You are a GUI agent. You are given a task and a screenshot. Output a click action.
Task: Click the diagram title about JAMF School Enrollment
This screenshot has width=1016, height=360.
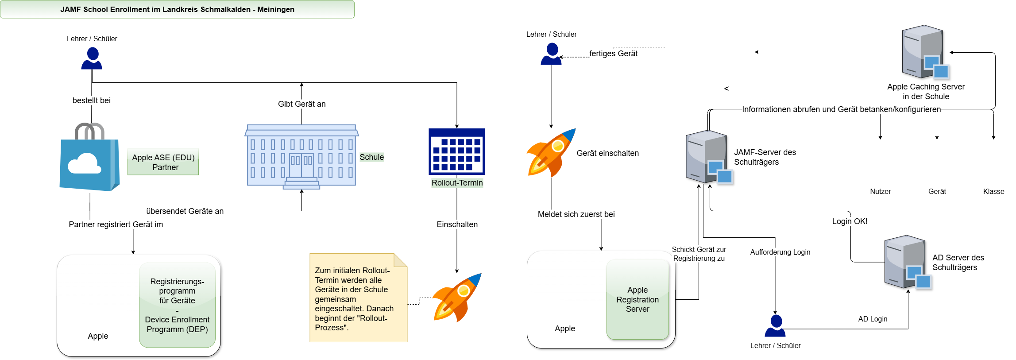[177, 9]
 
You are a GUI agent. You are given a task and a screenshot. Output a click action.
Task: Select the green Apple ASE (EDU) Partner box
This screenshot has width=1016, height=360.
[163, 162]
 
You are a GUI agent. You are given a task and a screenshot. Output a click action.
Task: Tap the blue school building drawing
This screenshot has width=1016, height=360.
[301, 157]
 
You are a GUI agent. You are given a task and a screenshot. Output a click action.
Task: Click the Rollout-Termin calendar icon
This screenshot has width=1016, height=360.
[457, 151]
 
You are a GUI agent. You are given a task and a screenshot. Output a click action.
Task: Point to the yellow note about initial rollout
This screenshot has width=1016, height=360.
[358, 298]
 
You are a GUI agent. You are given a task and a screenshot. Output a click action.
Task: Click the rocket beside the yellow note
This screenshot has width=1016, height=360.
[456, 298]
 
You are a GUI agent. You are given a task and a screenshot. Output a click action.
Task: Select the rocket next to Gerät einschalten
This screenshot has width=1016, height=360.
[551, 153]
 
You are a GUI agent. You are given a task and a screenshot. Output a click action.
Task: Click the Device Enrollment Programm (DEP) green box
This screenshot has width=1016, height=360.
[177, 305]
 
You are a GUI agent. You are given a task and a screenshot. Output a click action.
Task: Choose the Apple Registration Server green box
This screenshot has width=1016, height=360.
[637, 299]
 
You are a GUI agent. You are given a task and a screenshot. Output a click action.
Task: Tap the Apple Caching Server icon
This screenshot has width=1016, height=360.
[925, 52]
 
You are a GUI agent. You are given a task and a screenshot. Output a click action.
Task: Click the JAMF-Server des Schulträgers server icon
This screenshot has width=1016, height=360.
[708, 157]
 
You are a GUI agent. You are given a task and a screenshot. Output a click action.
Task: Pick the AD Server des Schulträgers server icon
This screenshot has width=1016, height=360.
[907, 262]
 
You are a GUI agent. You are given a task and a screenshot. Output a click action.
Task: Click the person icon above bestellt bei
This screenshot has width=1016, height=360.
[92, 59]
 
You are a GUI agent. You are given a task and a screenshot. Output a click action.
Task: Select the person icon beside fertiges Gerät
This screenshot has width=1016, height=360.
[551, 54]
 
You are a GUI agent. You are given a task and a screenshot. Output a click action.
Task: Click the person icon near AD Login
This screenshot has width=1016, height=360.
[775, 326]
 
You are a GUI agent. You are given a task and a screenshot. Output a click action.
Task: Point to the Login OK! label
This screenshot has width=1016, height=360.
[850, 221]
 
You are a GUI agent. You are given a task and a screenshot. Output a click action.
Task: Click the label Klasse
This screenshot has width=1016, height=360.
[993, 192]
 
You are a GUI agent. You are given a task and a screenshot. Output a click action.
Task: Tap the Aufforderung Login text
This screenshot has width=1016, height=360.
[780, 252]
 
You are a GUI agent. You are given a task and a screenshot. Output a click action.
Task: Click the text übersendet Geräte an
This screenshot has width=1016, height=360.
[185, 211]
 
